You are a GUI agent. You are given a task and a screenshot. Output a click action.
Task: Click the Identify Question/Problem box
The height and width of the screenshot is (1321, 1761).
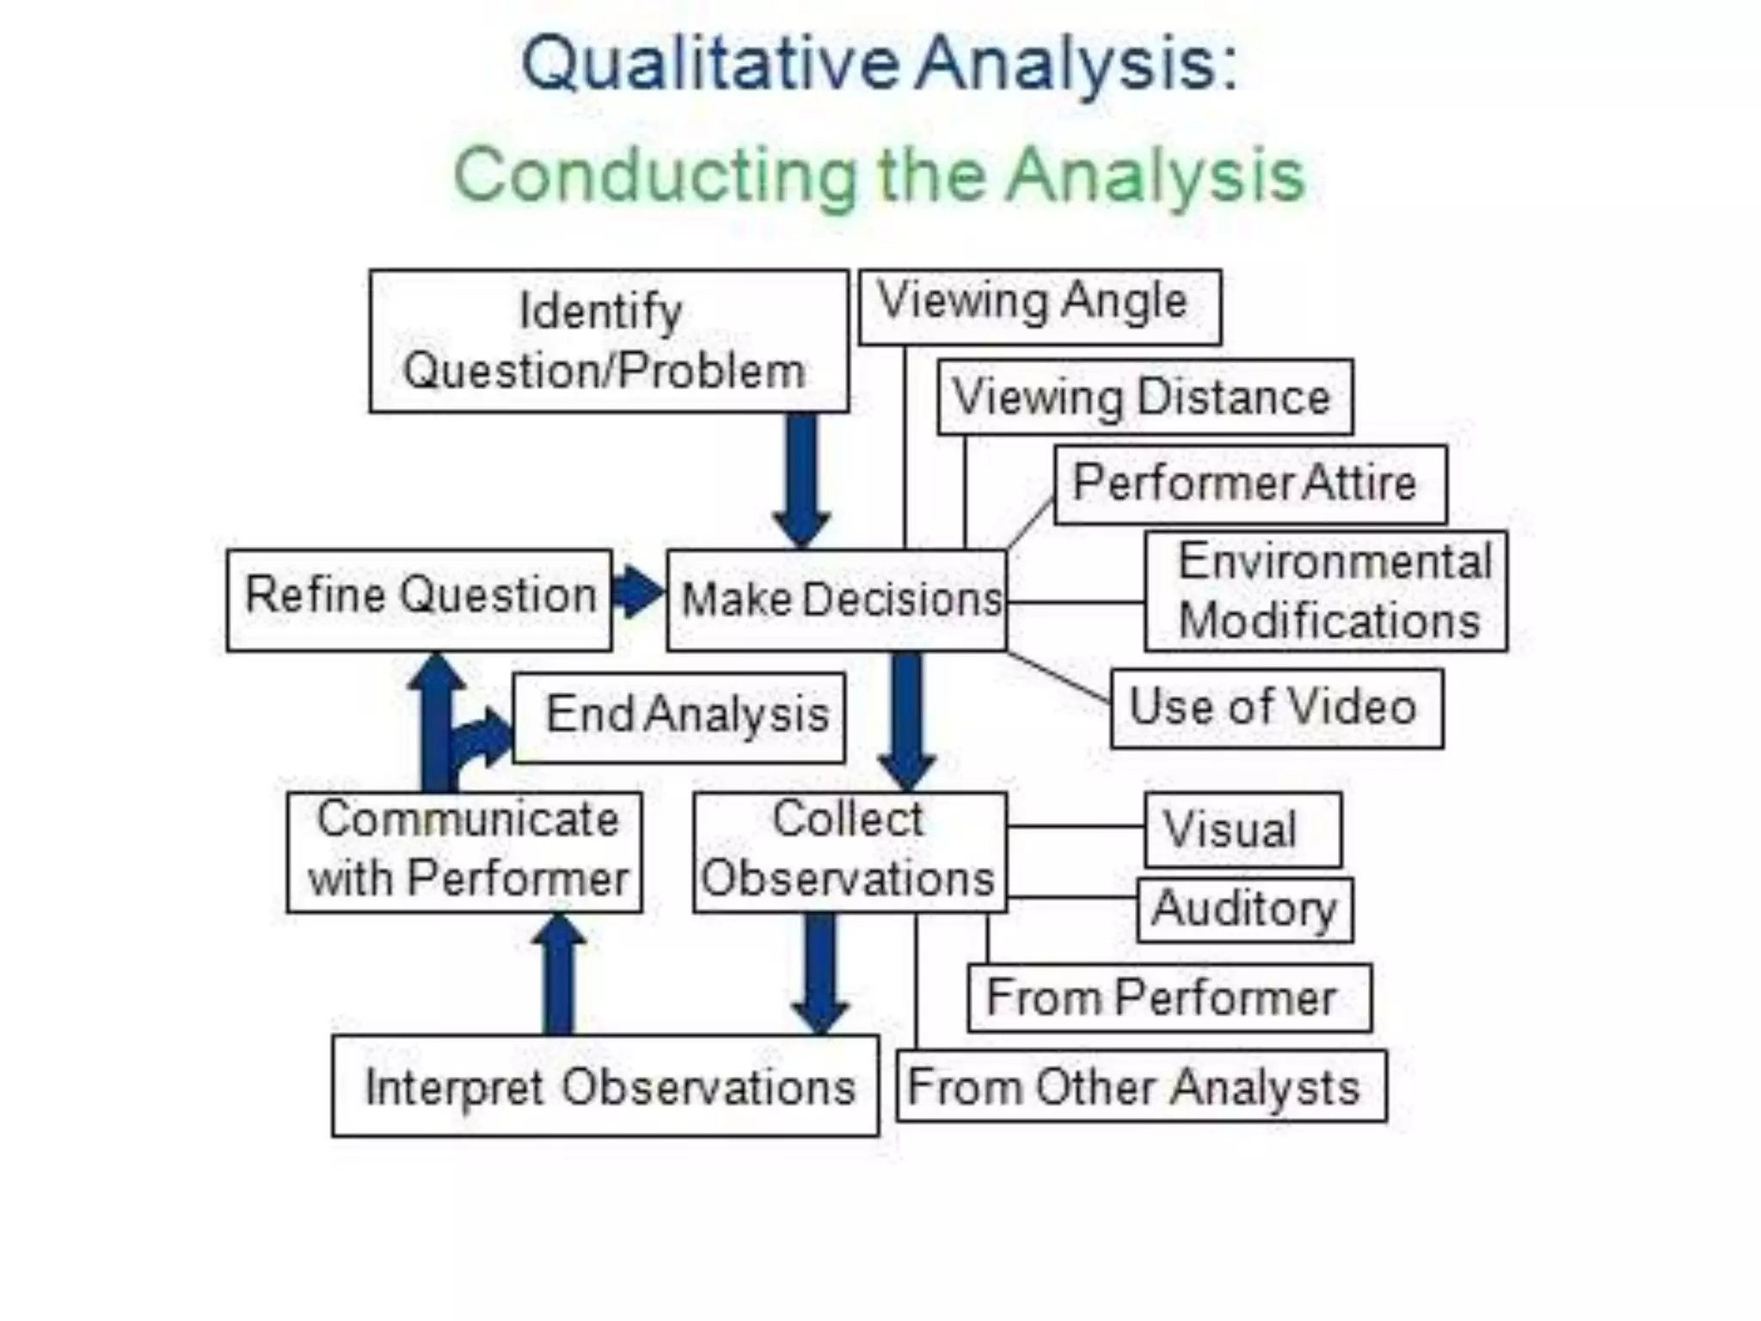[609, 341]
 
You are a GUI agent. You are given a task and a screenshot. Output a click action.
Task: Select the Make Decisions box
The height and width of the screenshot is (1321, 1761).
[837, 599]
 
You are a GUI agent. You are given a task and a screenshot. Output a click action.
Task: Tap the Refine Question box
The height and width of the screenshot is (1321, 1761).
[420, 599]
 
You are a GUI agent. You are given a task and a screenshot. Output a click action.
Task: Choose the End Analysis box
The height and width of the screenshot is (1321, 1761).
[679, 717]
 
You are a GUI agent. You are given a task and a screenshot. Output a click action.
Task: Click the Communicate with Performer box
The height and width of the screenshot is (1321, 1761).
[465, 851]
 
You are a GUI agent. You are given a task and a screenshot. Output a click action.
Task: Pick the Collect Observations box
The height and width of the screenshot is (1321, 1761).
[850, 851]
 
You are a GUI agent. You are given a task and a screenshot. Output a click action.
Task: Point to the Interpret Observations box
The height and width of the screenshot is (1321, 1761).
[605, 1085]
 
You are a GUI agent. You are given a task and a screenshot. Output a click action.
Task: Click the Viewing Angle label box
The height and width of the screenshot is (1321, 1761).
[1040, 307]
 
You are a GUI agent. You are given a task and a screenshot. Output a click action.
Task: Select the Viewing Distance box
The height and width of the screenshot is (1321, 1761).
[1144, 397]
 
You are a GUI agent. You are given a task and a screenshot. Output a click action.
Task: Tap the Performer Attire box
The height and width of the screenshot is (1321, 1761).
[1250, 484]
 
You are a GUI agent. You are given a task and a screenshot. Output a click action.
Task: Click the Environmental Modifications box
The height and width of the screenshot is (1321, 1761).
[1326, 592]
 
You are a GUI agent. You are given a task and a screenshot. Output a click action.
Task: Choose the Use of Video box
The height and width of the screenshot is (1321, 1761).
[1277, 708]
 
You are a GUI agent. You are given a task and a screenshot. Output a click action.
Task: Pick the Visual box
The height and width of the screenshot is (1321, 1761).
[1243, 830]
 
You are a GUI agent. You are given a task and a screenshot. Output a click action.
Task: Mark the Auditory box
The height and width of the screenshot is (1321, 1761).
[1244, 910]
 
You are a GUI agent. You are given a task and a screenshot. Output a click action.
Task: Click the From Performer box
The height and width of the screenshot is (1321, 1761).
[1169, 998]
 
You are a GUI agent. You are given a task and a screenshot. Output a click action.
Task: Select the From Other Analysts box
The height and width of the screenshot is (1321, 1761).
[1141, 1086]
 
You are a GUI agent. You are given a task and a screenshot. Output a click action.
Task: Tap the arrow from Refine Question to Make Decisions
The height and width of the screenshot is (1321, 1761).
[638, 592]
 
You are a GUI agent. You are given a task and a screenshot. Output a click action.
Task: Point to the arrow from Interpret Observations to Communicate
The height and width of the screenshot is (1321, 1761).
[559, 976]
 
